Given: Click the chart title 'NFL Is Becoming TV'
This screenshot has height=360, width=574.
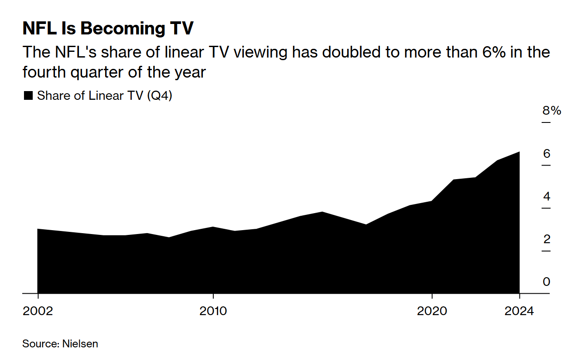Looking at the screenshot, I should tap(108, 29).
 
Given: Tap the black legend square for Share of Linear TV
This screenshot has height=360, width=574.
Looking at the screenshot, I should tap(28, 96).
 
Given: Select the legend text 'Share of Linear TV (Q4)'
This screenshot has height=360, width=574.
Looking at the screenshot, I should tap(105, 96).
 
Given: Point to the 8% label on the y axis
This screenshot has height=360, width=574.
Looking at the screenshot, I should tap(551, 111).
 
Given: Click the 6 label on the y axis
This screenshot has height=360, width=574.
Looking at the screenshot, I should tap(547, 153).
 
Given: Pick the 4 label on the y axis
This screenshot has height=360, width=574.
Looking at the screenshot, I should tap(547, 196).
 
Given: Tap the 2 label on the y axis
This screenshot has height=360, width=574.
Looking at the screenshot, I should tap(547, 239).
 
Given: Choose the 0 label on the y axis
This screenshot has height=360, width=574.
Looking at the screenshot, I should tap(547, 282).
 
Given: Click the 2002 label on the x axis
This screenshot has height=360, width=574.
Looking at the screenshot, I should tap(38, 311).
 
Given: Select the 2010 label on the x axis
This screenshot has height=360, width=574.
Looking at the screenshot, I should tap(213, 311).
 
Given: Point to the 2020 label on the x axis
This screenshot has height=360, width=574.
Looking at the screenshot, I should tap(432, 311).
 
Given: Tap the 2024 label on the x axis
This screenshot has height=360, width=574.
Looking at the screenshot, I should tap(519, 311).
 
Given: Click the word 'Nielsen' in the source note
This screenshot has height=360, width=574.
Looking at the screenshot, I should tap(80, 343).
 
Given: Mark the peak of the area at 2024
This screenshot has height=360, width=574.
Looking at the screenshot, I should tap(519, 152).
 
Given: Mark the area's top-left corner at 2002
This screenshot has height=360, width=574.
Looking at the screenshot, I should tap(38, 229).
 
